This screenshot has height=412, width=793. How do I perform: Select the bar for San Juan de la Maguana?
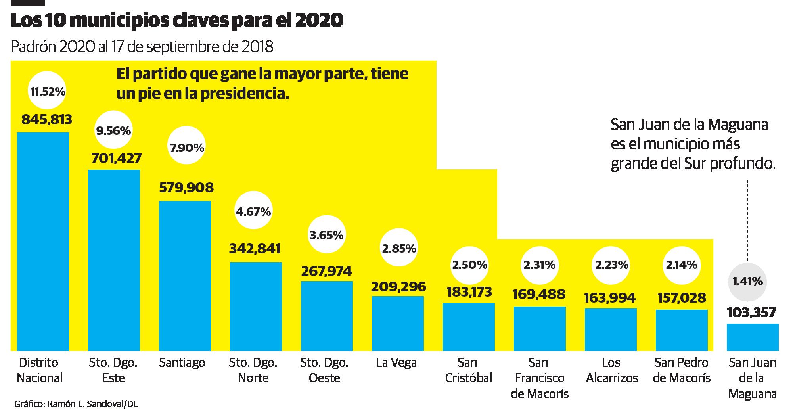coord(752,337)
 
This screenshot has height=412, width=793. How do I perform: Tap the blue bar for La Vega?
coord(398,323)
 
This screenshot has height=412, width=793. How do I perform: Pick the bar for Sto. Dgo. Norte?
coord(256,306)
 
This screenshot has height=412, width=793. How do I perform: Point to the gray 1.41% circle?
coord(747,282)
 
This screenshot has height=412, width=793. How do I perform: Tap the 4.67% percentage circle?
coord(253,212)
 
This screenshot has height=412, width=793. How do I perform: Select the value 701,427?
coord(116,159)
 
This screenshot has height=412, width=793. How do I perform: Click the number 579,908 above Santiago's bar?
coord(186,187)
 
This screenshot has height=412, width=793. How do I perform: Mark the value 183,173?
coord(469,292)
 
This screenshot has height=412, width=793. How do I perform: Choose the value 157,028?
coord(682,298)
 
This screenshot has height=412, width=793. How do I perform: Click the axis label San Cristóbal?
coord(468,370)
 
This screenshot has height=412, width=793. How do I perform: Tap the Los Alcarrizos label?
coord(611,370)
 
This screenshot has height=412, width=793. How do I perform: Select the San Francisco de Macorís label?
coord(540,378)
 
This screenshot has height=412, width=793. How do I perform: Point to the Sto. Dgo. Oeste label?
coord(324,370)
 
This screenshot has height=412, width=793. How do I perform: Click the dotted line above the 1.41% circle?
coord(747,220)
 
